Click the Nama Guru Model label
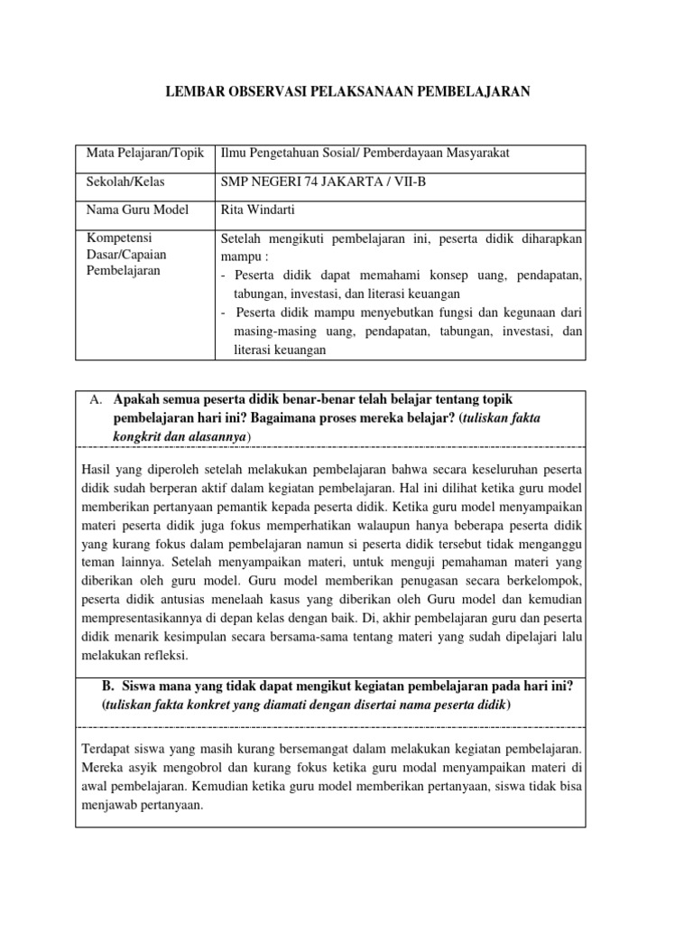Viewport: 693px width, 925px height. [137, 210]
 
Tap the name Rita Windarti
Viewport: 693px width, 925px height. [257, 210]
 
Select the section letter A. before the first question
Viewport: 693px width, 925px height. [95, 400]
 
